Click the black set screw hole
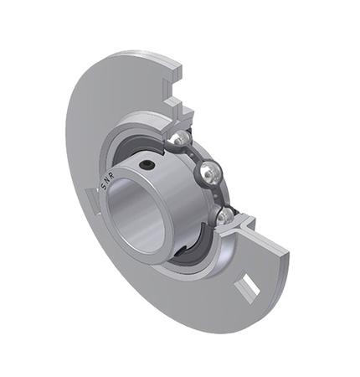pyautogui.click(x=147, y=166)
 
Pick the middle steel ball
pyautogui.click(x=209, y=174)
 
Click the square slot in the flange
pyautogui.click(x=249, y=290)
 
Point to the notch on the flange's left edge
pyautogui.click(x=91, y=199)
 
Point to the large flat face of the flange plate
pyautogui.click(x=100, y=109)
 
